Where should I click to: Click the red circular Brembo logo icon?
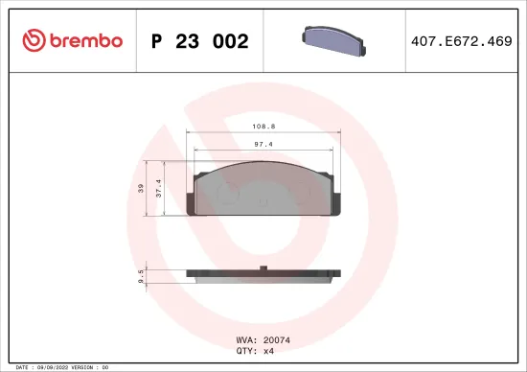pos(34,41)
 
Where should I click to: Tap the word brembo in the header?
pos(86,41)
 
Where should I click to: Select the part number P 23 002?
pos(200,41)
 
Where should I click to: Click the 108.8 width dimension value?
pos(263,126)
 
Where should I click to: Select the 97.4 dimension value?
pos(263,144)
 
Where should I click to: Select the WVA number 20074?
pos(276,338)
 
